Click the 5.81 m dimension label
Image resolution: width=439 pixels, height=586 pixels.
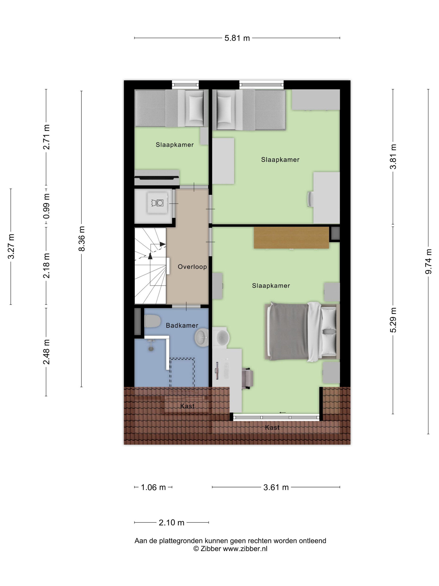click(237, 38)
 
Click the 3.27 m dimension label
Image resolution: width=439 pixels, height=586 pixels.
click(11, 246)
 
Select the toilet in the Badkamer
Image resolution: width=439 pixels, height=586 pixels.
click(152, 321)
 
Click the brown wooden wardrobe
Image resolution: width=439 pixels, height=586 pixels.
click(291, 238)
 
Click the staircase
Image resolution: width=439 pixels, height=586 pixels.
click(150, 266)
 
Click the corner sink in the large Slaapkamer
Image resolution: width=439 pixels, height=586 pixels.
click(221, 337)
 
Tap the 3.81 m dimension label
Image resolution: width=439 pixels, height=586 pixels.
click(393, 157)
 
